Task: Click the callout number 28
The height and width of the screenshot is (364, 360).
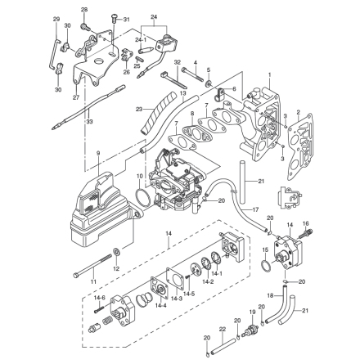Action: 83,9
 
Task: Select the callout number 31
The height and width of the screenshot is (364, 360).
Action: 125,18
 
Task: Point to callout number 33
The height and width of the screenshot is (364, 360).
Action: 89,122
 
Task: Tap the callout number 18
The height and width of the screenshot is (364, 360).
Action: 271,294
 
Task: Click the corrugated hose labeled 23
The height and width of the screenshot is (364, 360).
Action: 154,124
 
